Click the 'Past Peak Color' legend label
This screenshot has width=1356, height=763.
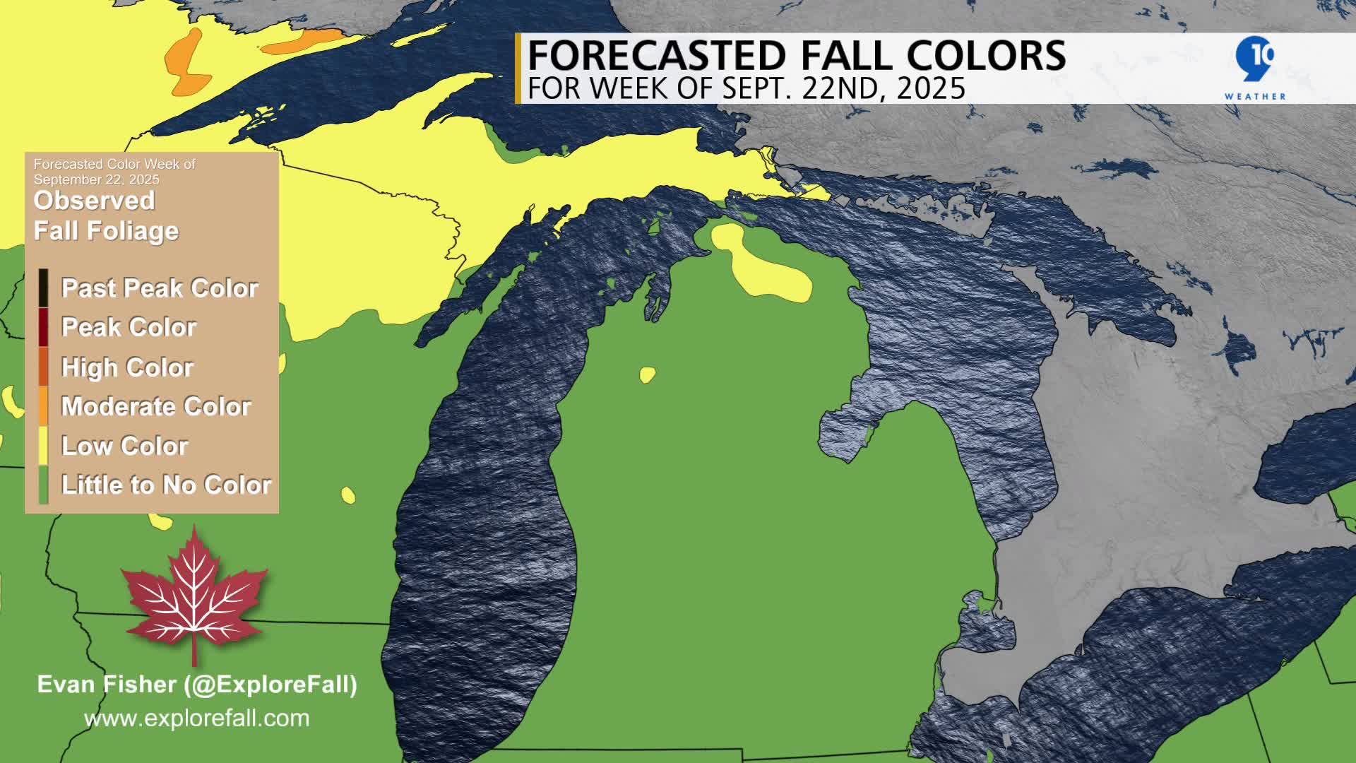pos(160,288)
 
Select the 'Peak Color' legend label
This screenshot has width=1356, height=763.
pos(129,327)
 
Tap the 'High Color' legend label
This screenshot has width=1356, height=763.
pos(127,367)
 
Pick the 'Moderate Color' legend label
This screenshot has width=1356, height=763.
pos(156,406)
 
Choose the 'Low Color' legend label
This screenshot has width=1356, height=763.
pos(124,446)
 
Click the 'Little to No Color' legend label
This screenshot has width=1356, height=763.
pos(166,485)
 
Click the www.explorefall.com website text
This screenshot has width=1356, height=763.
pos(196,718)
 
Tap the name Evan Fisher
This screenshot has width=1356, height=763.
pos(106,684)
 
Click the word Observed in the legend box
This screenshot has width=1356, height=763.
pos(94,201)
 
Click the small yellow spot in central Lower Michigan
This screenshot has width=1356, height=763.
pos(647,374)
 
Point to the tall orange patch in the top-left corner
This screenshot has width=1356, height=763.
pos(185,64)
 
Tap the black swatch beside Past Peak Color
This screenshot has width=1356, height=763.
pos(44,288)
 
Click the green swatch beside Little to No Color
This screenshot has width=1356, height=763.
pos(44,485)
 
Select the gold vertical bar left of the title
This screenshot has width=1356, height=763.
pos(518,69)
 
